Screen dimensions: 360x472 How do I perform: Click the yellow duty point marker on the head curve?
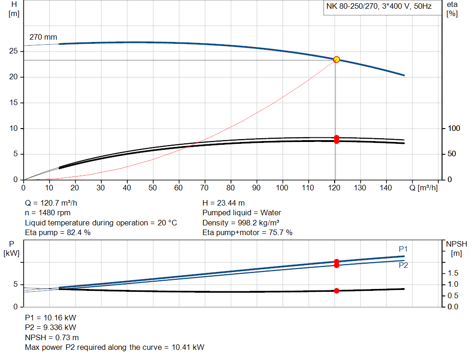tap(336, 59)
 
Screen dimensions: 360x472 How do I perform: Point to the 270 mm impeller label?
tap(43, 36)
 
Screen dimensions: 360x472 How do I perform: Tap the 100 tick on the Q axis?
tap(282, 188)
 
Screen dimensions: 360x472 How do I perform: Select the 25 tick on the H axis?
tap(14, 51)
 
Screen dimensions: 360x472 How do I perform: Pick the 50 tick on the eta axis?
tap(452, 154)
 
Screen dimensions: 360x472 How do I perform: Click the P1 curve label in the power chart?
tap(403, 249)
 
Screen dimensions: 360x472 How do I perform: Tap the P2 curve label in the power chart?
tap(403, 265)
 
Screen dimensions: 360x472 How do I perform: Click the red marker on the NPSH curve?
tap(336, 291)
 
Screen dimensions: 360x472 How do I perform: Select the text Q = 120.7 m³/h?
tap(55, 203)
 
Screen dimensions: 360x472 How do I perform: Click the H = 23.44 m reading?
tap(224, 203)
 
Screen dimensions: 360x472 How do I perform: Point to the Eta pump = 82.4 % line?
tap(58, 233)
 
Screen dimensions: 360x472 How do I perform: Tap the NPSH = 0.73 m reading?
tap(52, 337)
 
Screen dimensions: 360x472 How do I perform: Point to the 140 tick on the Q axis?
tap(386, 188)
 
